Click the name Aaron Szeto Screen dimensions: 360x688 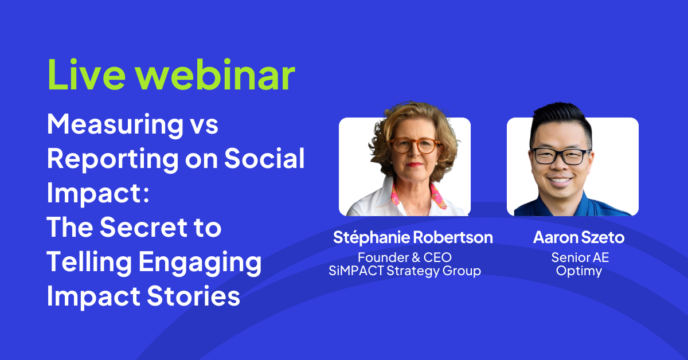[578, 237]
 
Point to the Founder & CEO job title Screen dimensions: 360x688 [405, 257]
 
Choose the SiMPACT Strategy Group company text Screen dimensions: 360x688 [405, 271]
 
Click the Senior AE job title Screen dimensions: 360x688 [579, 257]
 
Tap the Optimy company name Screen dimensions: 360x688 [579, 271]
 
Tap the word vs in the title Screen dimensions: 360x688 [204, 125]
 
